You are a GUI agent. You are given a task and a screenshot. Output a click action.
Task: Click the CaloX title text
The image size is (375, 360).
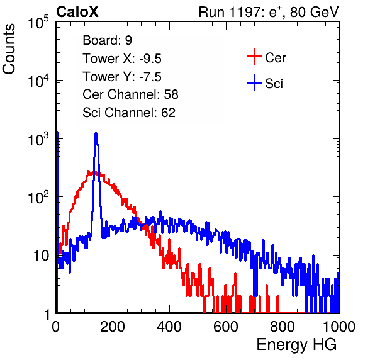pyautogui.click(x=77, y=12)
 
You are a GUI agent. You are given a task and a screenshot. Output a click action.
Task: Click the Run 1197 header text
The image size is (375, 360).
pyautogui.click(x=269, y=12)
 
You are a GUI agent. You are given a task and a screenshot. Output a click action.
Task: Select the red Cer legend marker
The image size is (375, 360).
pyautogui.click(x=254, y=57)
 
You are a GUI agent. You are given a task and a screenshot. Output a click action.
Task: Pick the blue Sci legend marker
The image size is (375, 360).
pyautogui.click(x=254, y=82)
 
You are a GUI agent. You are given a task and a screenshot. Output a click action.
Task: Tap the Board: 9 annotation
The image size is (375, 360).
pyautogui.click(x=108, y=40)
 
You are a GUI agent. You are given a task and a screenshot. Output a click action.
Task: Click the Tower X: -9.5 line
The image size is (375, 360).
pyautogui.click(x=122, y=59)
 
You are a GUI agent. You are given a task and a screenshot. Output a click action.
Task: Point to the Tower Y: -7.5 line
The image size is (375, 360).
pyautogui.click(x=122, y=77)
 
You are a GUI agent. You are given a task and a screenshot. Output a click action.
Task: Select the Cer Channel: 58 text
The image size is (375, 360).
pyautogui.click(x=130, y=94)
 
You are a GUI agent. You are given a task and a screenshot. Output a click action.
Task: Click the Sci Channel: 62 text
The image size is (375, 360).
pyautogui.click(x=129, y=113)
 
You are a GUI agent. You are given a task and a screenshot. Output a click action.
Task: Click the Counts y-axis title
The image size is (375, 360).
pyautogui.click(x=9, y=49)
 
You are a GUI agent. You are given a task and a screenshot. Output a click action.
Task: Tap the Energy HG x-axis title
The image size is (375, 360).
pyautogui.click(x=296, y=345)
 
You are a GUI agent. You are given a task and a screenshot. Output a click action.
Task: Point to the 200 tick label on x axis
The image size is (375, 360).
pyautogui.click(x=113, y=327)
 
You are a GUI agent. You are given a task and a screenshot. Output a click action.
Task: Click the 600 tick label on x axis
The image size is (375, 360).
pyautogui.click(x=226, y=327)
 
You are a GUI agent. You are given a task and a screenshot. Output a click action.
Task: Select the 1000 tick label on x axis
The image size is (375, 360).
pyautogui.click(x=339, y=327)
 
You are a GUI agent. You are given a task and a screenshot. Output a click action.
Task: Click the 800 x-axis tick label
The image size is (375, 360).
pyautogui.click(x=283, y=327)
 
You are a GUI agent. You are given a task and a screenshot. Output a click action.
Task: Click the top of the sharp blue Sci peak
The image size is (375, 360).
pyautogui.click(x=96, y=133)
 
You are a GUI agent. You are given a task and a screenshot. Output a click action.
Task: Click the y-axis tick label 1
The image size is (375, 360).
pyautogui.click(x=47, y=314)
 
